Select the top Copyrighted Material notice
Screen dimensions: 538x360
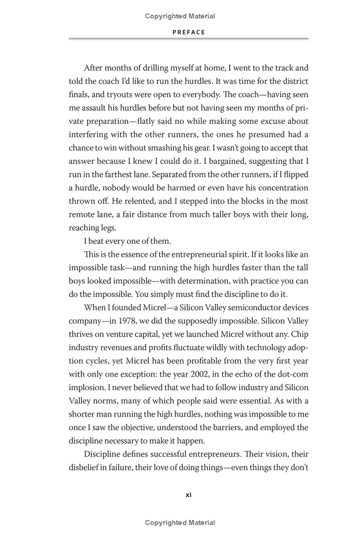pyautogui.click(x=180, y=16)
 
